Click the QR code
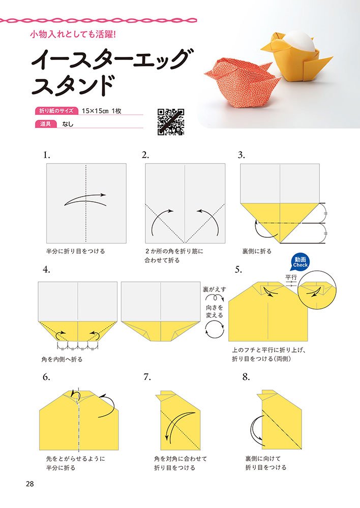171,122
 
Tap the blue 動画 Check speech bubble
300,262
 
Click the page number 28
30,484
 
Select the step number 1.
47,155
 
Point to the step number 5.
238,270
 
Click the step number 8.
246,377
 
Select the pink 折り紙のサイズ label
56,111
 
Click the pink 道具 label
46,124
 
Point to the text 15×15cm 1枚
102,111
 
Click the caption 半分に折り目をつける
76,251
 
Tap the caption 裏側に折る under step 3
257,251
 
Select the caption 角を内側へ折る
62,359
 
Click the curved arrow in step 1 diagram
85,200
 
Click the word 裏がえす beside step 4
215,290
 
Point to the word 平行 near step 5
291,277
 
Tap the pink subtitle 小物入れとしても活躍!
73,34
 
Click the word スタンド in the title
73,85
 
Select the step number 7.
147,377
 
